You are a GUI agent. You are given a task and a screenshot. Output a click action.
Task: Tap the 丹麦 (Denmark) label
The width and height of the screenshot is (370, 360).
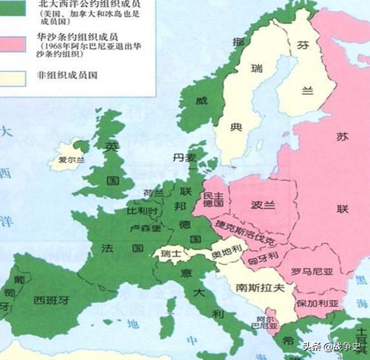pos(183,157)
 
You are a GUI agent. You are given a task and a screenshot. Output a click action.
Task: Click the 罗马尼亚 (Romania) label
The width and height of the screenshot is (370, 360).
pos(312,271)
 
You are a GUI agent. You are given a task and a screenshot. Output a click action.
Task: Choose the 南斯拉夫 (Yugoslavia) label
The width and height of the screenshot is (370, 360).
pos(260,288)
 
